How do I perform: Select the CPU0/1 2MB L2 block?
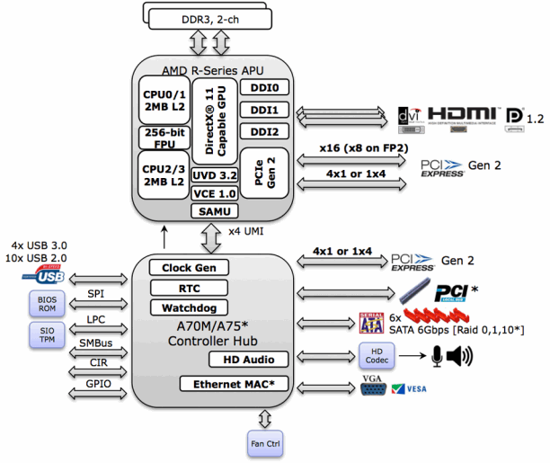pos(162,99)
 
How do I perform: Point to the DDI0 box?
pos(269,88)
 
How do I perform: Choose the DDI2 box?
pos(269,131)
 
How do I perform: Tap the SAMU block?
pos(212,210)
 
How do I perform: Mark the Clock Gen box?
pos(189,267)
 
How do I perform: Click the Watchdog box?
pos(189,307)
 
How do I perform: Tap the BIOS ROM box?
pos(46,302)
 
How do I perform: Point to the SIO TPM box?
pos(46,334)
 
